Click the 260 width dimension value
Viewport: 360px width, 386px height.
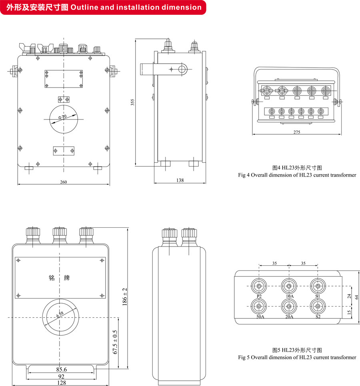pos(64,182)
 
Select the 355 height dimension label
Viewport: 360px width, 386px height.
pos(132,103)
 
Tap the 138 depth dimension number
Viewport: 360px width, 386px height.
pos(180,181)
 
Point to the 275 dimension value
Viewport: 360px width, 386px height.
pos(296,132)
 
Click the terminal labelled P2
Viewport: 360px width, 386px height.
pos(259,287)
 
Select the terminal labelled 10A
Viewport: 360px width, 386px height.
pos(288,287)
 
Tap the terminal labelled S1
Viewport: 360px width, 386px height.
pos(318,287)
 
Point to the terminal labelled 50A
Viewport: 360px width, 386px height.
pos(259,306)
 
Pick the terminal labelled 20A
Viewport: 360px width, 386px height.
pos(288,306)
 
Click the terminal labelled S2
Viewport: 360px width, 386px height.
pos(318,306)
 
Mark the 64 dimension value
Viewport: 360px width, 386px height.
pos(356,296)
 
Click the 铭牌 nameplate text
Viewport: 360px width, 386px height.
pos(60,277)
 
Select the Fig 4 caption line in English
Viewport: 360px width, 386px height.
pos(297,175)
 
